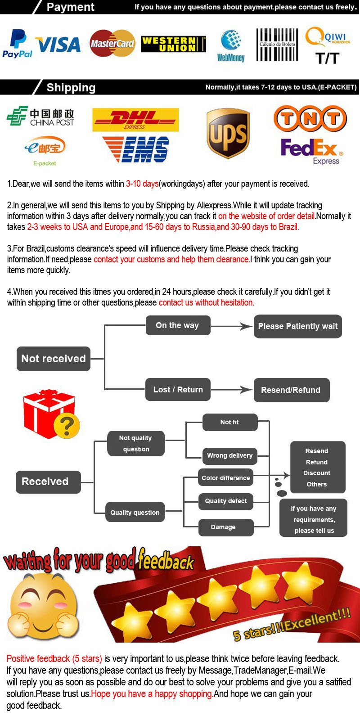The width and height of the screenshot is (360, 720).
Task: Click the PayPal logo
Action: pyautogui.click(x=18, y=44)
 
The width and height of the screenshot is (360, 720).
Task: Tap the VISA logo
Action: pyautogui.click(x=58, y=45)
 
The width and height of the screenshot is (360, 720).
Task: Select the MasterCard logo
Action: pyautogui.click(x=112, y=44)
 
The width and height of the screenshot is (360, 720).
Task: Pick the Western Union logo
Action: pyautogui.click(x=173, y=44)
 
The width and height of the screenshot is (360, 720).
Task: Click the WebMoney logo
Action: pyautogui.click(x=231, y=46)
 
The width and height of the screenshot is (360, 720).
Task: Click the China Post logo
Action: pyautogui.click(x=40, y=117)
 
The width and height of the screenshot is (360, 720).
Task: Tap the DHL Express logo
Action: pyautogui.click(x=135, y=120)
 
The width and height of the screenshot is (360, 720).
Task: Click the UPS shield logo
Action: pyautogui.click(x=228, y=133)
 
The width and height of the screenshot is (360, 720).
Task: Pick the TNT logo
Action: pyautogui.click(x=310, y=118)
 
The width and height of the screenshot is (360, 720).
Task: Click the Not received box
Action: pyautogui.click(x=54, y=359)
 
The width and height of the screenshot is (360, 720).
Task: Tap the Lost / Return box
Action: pyautogui.click(x=178, y=390)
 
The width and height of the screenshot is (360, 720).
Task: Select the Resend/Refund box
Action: pyautogui.click(x=291, y=390)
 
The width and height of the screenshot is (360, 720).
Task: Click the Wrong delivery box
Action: pyautogui.click(x=229, y=455)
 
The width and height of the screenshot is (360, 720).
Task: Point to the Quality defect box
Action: pyautogui.click(x=226, y=501)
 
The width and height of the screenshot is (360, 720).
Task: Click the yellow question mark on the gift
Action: pyautogui.click(x=66, y=425)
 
